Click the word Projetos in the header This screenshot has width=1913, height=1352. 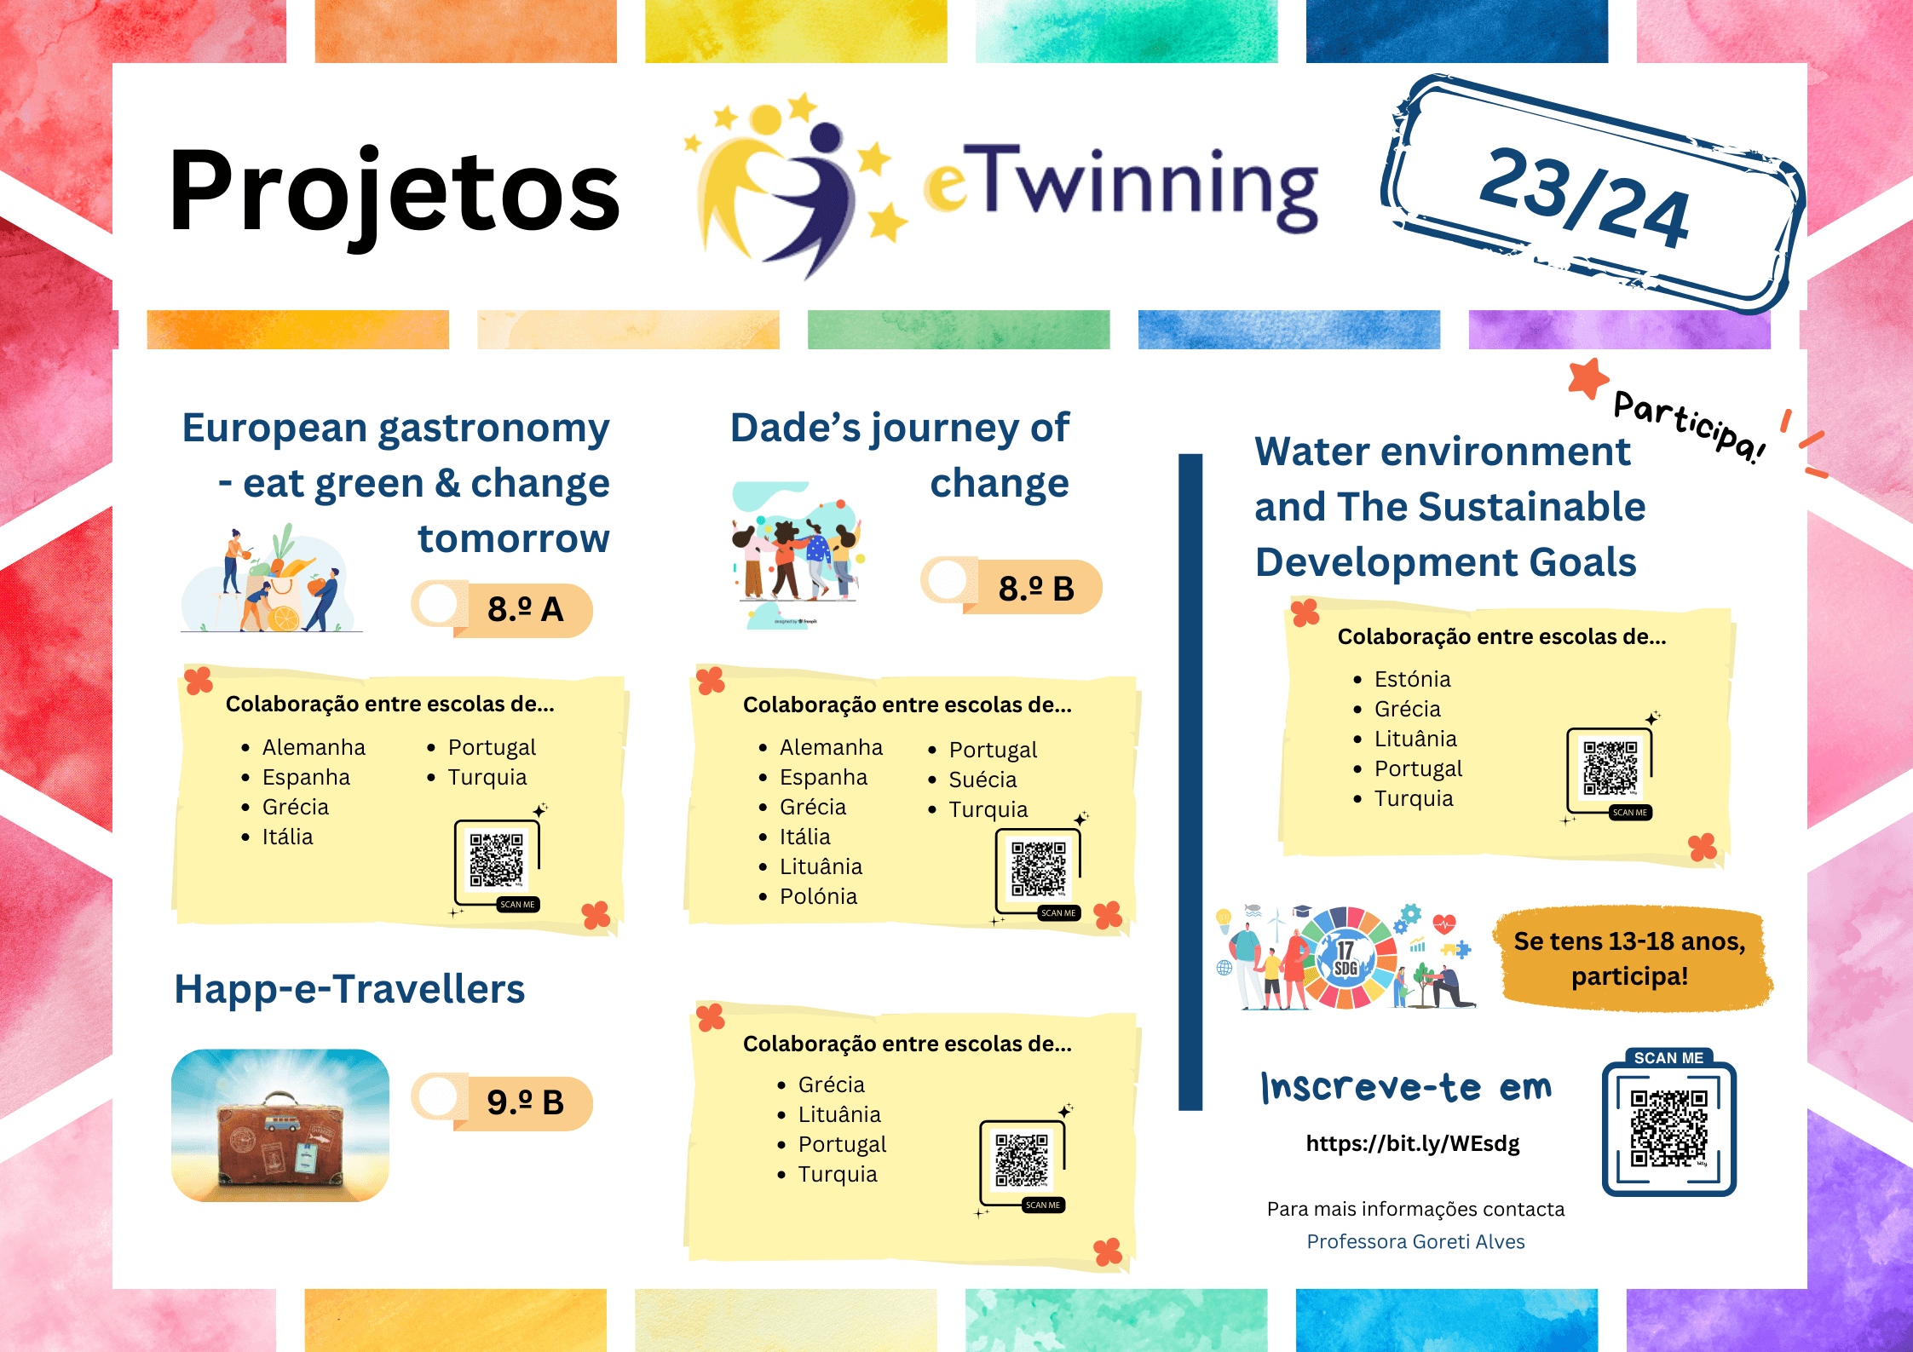(x=395, y=192)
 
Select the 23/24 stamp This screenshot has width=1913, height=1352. (x=1593, y=193)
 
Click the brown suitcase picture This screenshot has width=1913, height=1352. (x=280, y=1125)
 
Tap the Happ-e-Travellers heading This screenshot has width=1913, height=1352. (x=349, y=989)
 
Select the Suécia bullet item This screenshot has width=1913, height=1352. (x=982, y=780)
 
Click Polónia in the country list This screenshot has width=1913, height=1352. (x=818, y=896)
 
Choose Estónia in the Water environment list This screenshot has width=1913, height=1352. (x=1412, y=679)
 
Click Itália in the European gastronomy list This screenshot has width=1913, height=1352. (x=287, y=837)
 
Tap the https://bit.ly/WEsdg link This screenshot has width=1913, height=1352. (x=1413, y=1143)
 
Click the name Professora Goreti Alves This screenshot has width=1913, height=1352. (x=1415, y=1241)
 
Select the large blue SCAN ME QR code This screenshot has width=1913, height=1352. (x=1668, y=1123)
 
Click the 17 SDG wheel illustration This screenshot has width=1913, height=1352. (x=1345, y=957)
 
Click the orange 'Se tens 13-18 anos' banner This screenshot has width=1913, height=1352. (x=1630, y=958)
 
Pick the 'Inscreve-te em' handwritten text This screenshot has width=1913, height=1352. (x=1406, y=1087)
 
